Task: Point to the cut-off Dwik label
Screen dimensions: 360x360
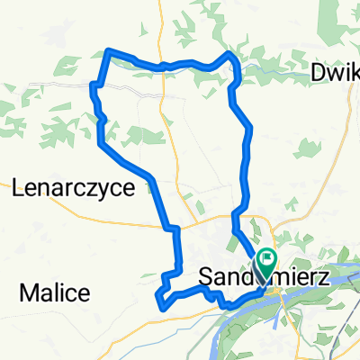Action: (x=335, y=73)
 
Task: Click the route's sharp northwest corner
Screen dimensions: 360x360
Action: (x=109, y=50)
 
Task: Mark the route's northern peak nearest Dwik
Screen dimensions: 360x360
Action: (x=229, y=55)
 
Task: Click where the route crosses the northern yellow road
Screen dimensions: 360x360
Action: (x=162, y=66)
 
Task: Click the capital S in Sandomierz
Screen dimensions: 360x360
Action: (x=204, y=271)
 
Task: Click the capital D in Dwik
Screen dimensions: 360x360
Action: (x=317, y=73)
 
